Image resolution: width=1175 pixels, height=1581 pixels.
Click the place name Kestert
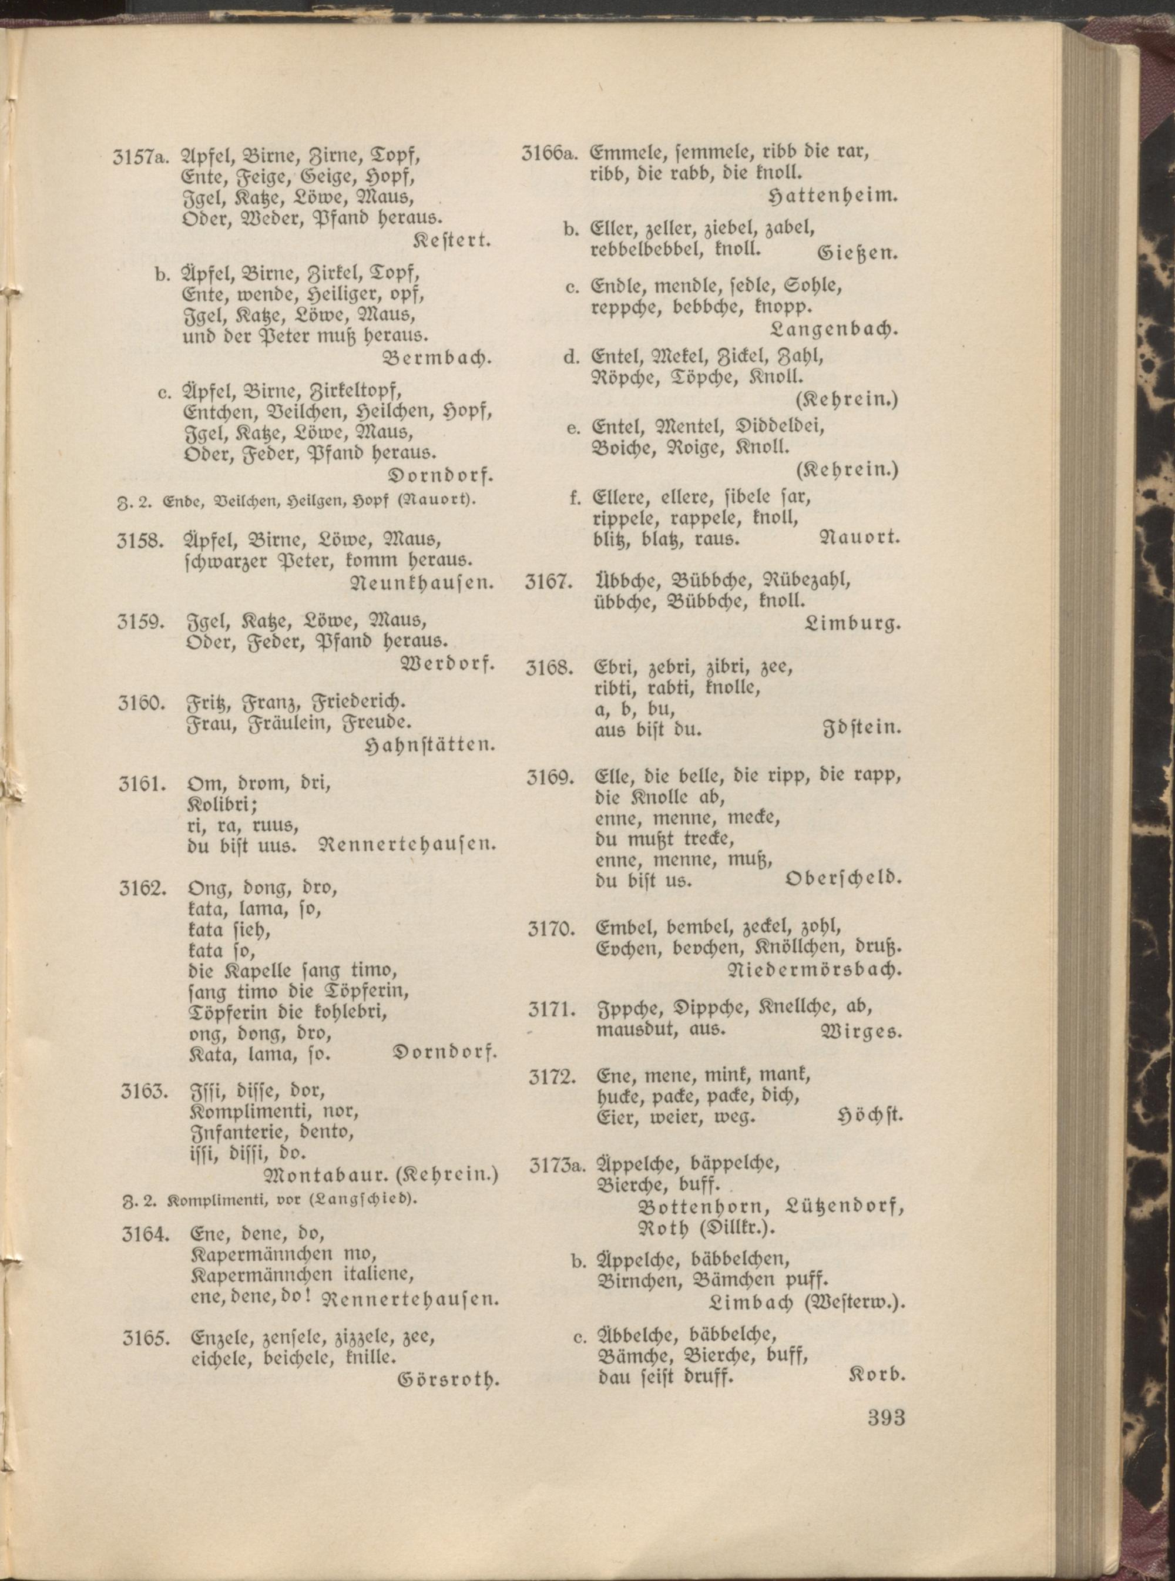click(453, 240)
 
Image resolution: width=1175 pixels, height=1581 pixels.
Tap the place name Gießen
click(859, 253)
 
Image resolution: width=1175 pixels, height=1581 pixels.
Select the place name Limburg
click(853, 625)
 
